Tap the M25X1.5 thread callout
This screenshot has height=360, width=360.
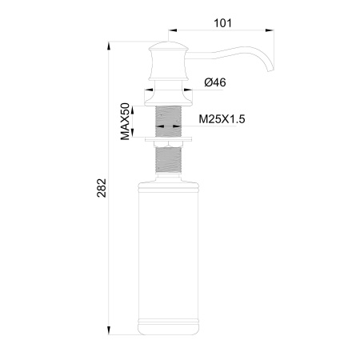tap(221, 121)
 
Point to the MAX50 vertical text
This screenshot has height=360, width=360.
tap(126, 122)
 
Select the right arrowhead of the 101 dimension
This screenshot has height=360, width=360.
tap(270, 31)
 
